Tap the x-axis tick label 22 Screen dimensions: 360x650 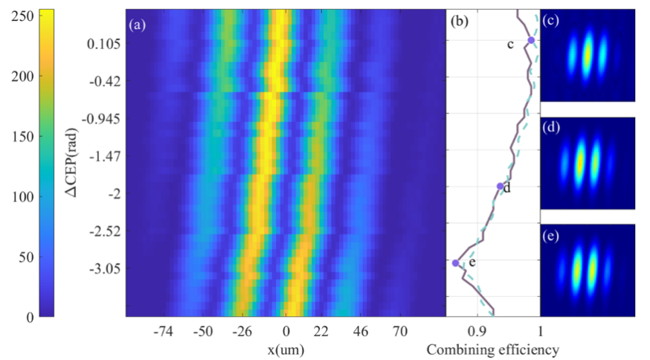(322, 332)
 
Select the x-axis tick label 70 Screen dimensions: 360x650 (400, 332)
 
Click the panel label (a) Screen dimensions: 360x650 (137, 25)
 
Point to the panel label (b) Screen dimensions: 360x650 (460, 23)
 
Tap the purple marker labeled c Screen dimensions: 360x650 (531, 41)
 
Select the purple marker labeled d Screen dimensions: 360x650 (500, 186)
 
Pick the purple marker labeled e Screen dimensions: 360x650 (456, 263)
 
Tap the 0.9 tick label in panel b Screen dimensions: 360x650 (478, 332)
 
